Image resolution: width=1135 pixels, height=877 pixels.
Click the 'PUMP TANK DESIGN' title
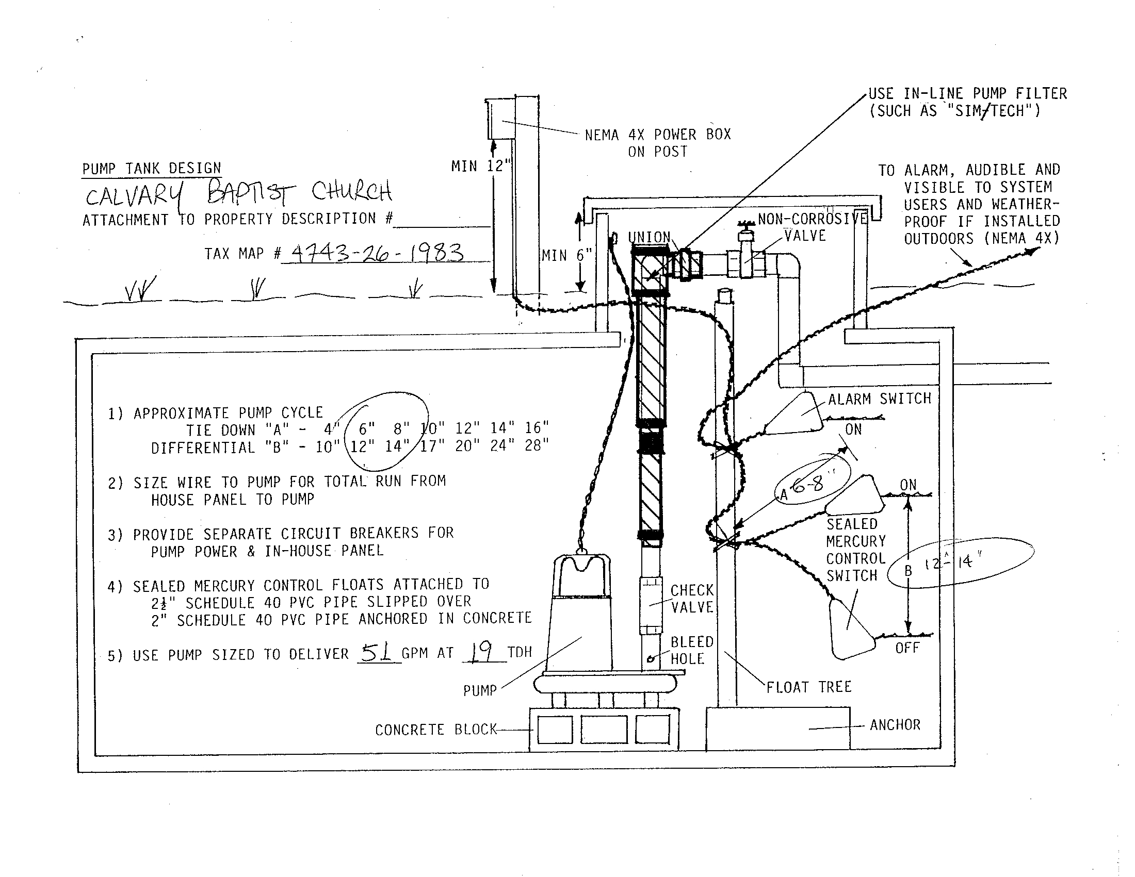[151, 169]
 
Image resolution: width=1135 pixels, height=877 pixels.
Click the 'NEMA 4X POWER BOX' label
[657, 135]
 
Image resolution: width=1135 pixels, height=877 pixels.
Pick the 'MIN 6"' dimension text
[566, 255]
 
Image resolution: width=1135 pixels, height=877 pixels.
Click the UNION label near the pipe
[649, 237]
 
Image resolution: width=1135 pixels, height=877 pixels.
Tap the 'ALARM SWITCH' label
[879, 399]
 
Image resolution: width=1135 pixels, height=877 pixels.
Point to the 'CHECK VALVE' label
[692, 599]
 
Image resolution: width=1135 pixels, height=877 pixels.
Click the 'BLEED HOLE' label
[692, 650]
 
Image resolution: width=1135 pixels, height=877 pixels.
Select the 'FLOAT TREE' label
[809, 687]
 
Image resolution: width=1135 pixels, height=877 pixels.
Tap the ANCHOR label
[895, 724]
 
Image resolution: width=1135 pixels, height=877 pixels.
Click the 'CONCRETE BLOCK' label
[436, 730]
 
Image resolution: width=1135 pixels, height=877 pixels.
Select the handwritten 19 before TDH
[483, 652]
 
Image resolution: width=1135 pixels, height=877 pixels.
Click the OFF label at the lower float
[907, 648]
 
